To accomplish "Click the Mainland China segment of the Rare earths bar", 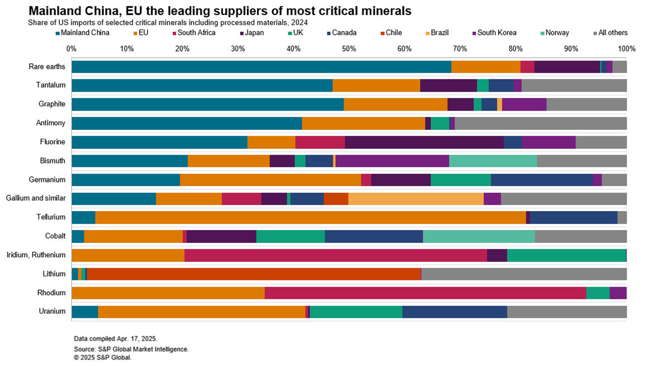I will [x=261, y=67].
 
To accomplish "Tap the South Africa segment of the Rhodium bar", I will [x=425, y=293].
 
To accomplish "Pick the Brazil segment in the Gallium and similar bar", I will [x=416, y=199].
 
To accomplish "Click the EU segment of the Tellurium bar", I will [x=311, y=217].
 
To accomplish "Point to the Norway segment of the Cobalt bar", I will [x=479, y=236].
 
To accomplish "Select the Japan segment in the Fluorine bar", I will [x=424, y=142].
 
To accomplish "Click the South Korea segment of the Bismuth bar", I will [x=392, y=161].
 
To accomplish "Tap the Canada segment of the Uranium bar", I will [x=454, y=312].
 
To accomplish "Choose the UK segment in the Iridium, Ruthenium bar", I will [x=566, y=255].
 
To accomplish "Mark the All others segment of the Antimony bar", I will [x=541, y=123].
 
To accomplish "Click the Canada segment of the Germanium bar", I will [x=542, y=180].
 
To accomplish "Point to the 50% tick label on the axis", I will [x=349, y=48].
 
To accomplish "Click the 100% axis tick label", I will [x=626, y=48].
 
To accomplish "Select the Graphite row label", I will [x=51, y=104].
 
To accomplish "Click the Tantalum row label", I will [x=51, y=85].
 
